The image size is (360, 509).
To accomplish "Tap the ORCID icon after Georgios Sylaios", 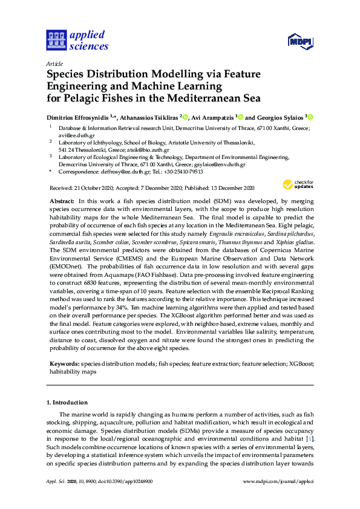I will pos(312,117).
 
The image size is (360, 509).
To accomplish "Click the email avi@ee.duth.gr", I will pos(73,135).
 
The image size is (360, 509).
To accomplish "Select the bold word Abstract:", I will pos(62,199).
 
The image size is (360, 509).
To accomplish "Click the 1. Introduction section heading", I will pos(67,402).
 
